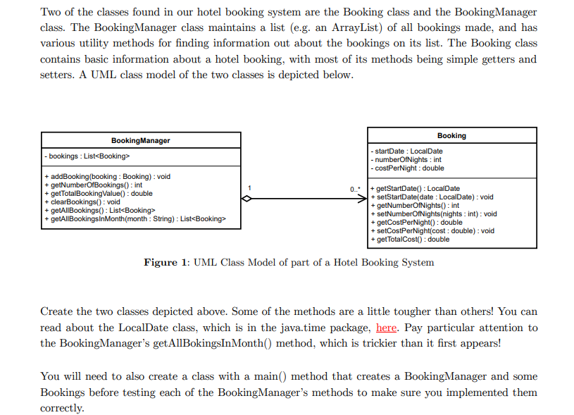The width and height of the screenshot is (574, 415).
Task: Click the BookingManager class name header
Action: click(x=140, y=140)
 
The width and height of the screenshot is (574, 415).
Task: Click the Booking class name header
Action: click(x=451, y=135)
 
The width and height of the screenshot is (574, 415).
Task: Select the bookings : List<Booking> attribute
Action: click(x=87, y=156)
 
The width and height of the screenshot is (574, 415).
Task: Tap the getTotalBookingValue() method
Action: click(x=98, y=194)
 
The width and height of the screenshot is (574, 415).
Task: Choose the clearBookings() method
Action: click(x=82, y=202)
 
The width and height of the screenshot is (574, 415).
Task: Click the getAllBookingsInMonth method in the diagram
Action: click(x=135, y=219)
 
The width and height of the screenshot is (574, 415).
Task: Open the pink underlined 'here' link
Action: click(x=387, y=328)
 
